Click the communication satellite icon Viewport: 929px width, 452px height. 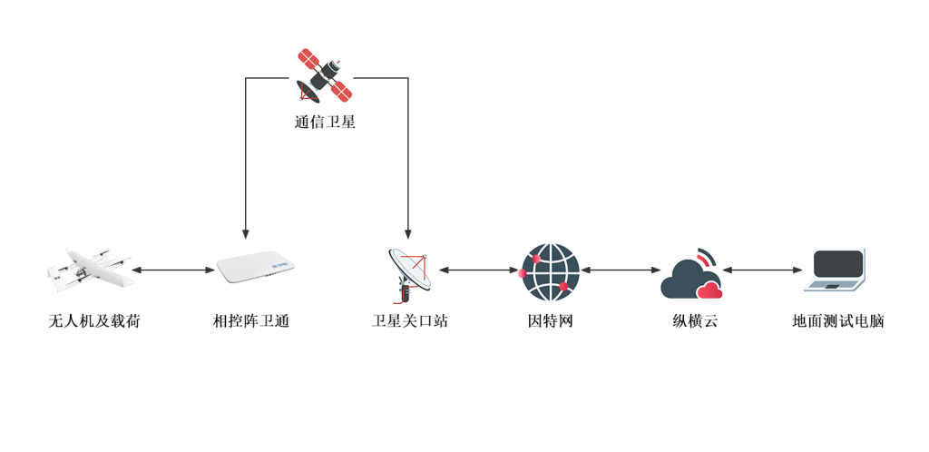(x=324, y=75)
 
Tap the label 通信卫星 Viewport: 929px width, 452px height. (x=324, y=122)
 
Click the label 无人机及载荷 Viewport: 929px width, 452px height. (x=94, y=320)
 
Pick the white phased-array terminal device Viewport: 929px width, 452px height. (x=258, y=270)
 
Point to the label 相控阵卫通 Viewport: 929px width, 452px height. (x=251, y=320)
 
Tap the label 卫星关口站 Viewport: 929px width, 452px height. (x=410, y=320)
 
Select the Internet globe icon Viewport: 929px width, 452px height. (x=550, y=271)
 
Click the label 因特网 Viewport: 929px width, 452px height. (x=551, y=320)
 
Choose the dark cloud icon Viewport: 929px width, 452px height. (x=691, y=275)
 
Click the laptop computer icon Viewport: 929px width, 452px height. (x=835, y=270)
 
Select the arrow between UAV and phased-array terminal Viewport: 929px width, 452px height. (x=173, y=270)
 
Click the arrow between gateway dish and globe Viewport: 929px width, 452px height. (x=478, y=270)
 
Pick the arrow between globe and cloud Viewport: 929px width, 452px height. (x=621, y=270)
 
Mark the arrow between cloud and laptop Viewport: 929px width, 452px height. (x=763, y=270)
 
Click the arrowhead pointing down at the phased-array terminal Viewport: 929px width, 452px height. (x=246, y=234)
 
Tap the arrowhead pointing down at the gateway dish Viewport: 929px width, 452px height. (x=407, y=234)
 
